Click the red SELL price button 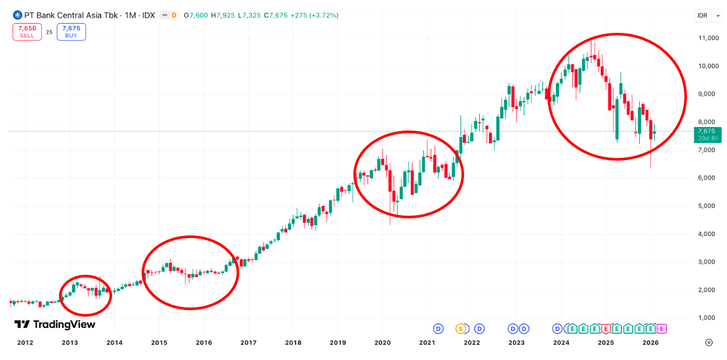point(27,31)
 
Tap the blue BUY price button point(71,31)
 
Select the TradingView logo point(55,325)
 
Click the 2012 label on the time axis point(25,342)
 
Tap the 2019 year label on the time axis point(338,342)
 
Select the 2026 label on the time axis point(651,342)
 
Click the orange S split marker point(461,329)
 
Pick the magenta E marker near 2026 point(661,329)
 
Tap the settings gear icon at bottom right point(709,342)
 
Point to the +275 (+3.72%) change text point(317,15)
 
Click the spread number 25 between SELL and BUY point(49,31)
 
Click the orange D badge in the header point(174,15)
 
